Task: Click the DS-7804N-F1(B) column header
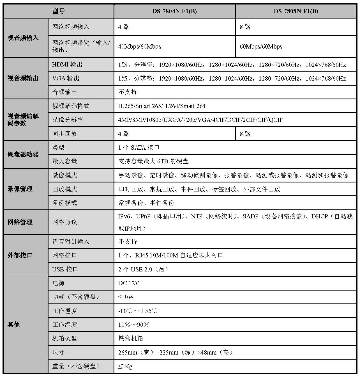(x=174, y=11)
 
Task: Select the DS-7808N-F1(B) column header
(x=296, y=11)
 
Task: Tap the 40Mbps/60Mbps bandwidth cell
(x=140, y=47)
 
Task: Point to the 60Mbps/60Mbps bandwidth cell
(x=261, y=47)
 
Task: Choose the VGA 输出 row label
(x=66, y=78)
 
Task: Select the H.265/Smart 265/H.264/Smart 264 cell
(x=162, y=106)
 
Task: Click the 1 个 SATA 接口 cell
(x=139, y=148)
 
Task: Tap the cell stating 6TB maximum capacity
(x=153, y=161)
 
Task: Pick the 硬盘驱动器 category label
(x=23, y=154)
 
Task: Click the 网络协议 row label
(x=64, y=222)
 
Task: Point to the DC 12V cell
(x=129, y=283)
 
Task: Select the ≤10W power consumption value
(x=126, y=297)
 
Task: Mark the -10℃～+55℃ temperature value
(x=138, y=311)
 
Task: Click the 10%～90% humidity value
(x=133, y=325)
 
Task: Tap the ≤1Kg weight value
(x=125, y=366)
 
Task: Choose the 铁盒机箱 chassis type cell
(x=131, y=339)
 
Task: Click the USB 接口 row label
(x=65, y=269)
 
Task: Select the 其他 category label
(x=14, y=325)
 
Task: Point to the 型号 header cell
(x=58, y=11)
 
